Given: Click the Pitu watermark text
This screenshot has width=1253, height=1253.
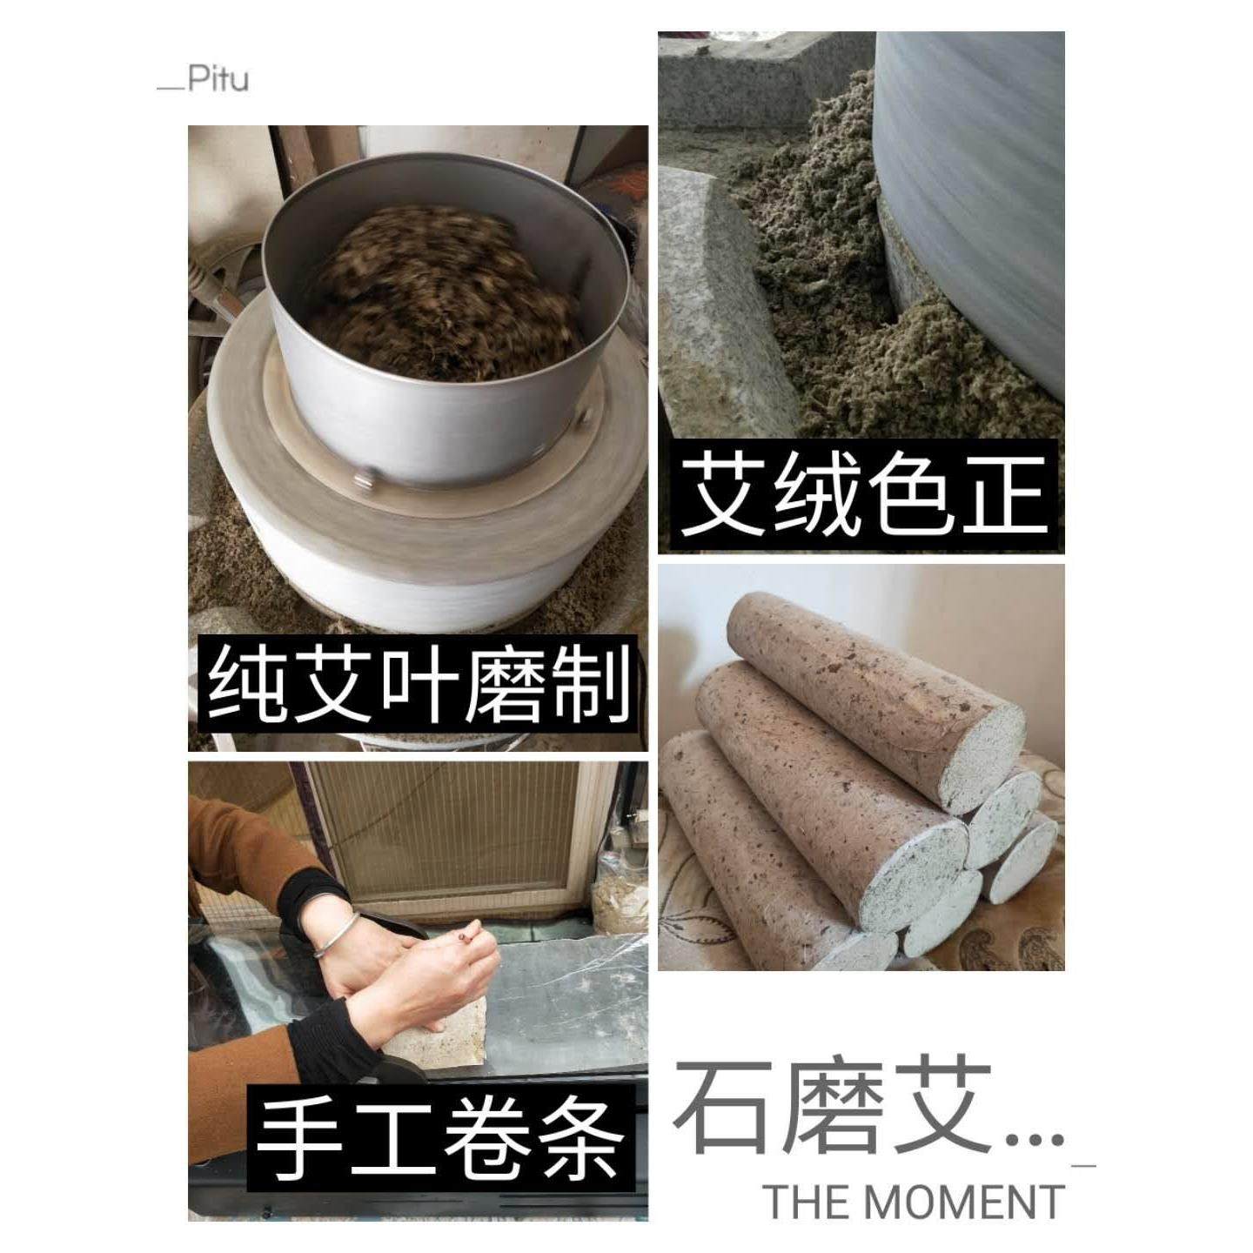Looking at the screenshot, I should pos(205,79).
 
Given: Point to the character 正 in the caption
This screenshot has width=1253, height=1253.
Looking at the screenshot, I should pos(1002,496).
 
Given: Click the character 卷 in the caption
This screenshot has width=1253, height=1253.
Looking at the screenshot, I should pos(488,1139).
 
